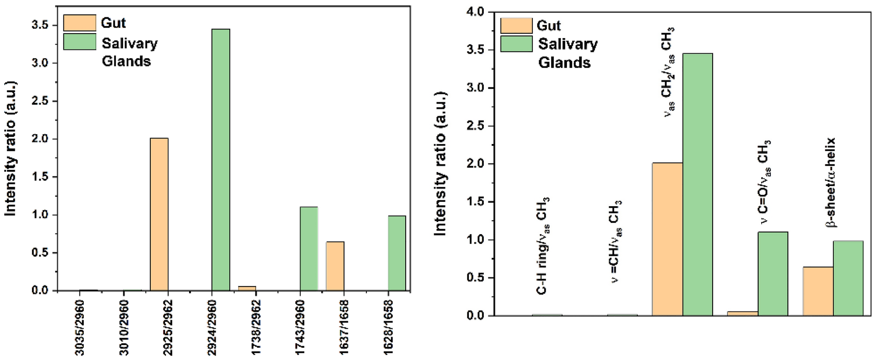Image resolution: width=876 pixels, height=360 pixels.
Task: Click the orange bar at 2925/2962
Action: (x=159, y=214)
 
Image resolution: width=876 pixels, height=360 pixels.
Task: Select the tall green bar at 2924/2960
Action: (x=221, y=159)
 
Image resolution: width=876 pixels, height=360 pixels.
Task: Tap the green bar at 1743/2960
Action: (x=309, y=248)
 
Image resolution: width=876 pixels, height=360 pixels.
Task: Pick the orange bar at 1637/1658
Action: (x=335, y=266)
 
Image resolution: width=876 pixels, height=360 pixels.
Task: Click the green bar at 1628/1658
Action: (x=397, y=253)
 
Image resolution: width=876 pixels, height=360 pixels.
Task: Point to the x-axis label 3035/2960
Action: (x=80, y=327)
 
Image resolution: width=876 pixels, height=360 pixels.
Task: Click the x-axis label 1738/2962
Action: (x=256, y=327)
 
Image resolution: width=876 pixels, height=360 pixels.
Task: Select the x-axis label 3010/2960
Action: (x=124, y=327)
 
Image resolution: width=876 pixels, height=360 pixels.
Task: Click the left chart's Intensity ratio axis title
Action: (x=10, y=149)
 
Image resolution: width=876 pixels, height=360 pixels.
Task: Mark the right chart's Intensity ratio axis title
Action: (x=441, y=164)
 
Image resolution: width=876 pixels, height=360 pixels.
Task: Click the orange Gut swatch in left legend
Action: (x=79, y=23)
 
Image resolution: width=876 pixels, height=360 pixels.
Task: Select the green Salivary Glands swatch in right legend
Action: (x=516, y=44)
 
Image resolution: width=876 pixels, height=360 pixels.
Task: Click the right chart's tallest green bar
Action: (x=697, y=183)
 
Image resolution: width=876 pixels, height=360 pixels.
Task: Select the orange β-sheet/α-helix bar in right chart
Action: (x=818, y=291)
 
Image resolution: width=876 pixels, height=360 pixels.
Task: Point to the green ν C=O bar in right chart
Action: (x=773, y=273)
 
